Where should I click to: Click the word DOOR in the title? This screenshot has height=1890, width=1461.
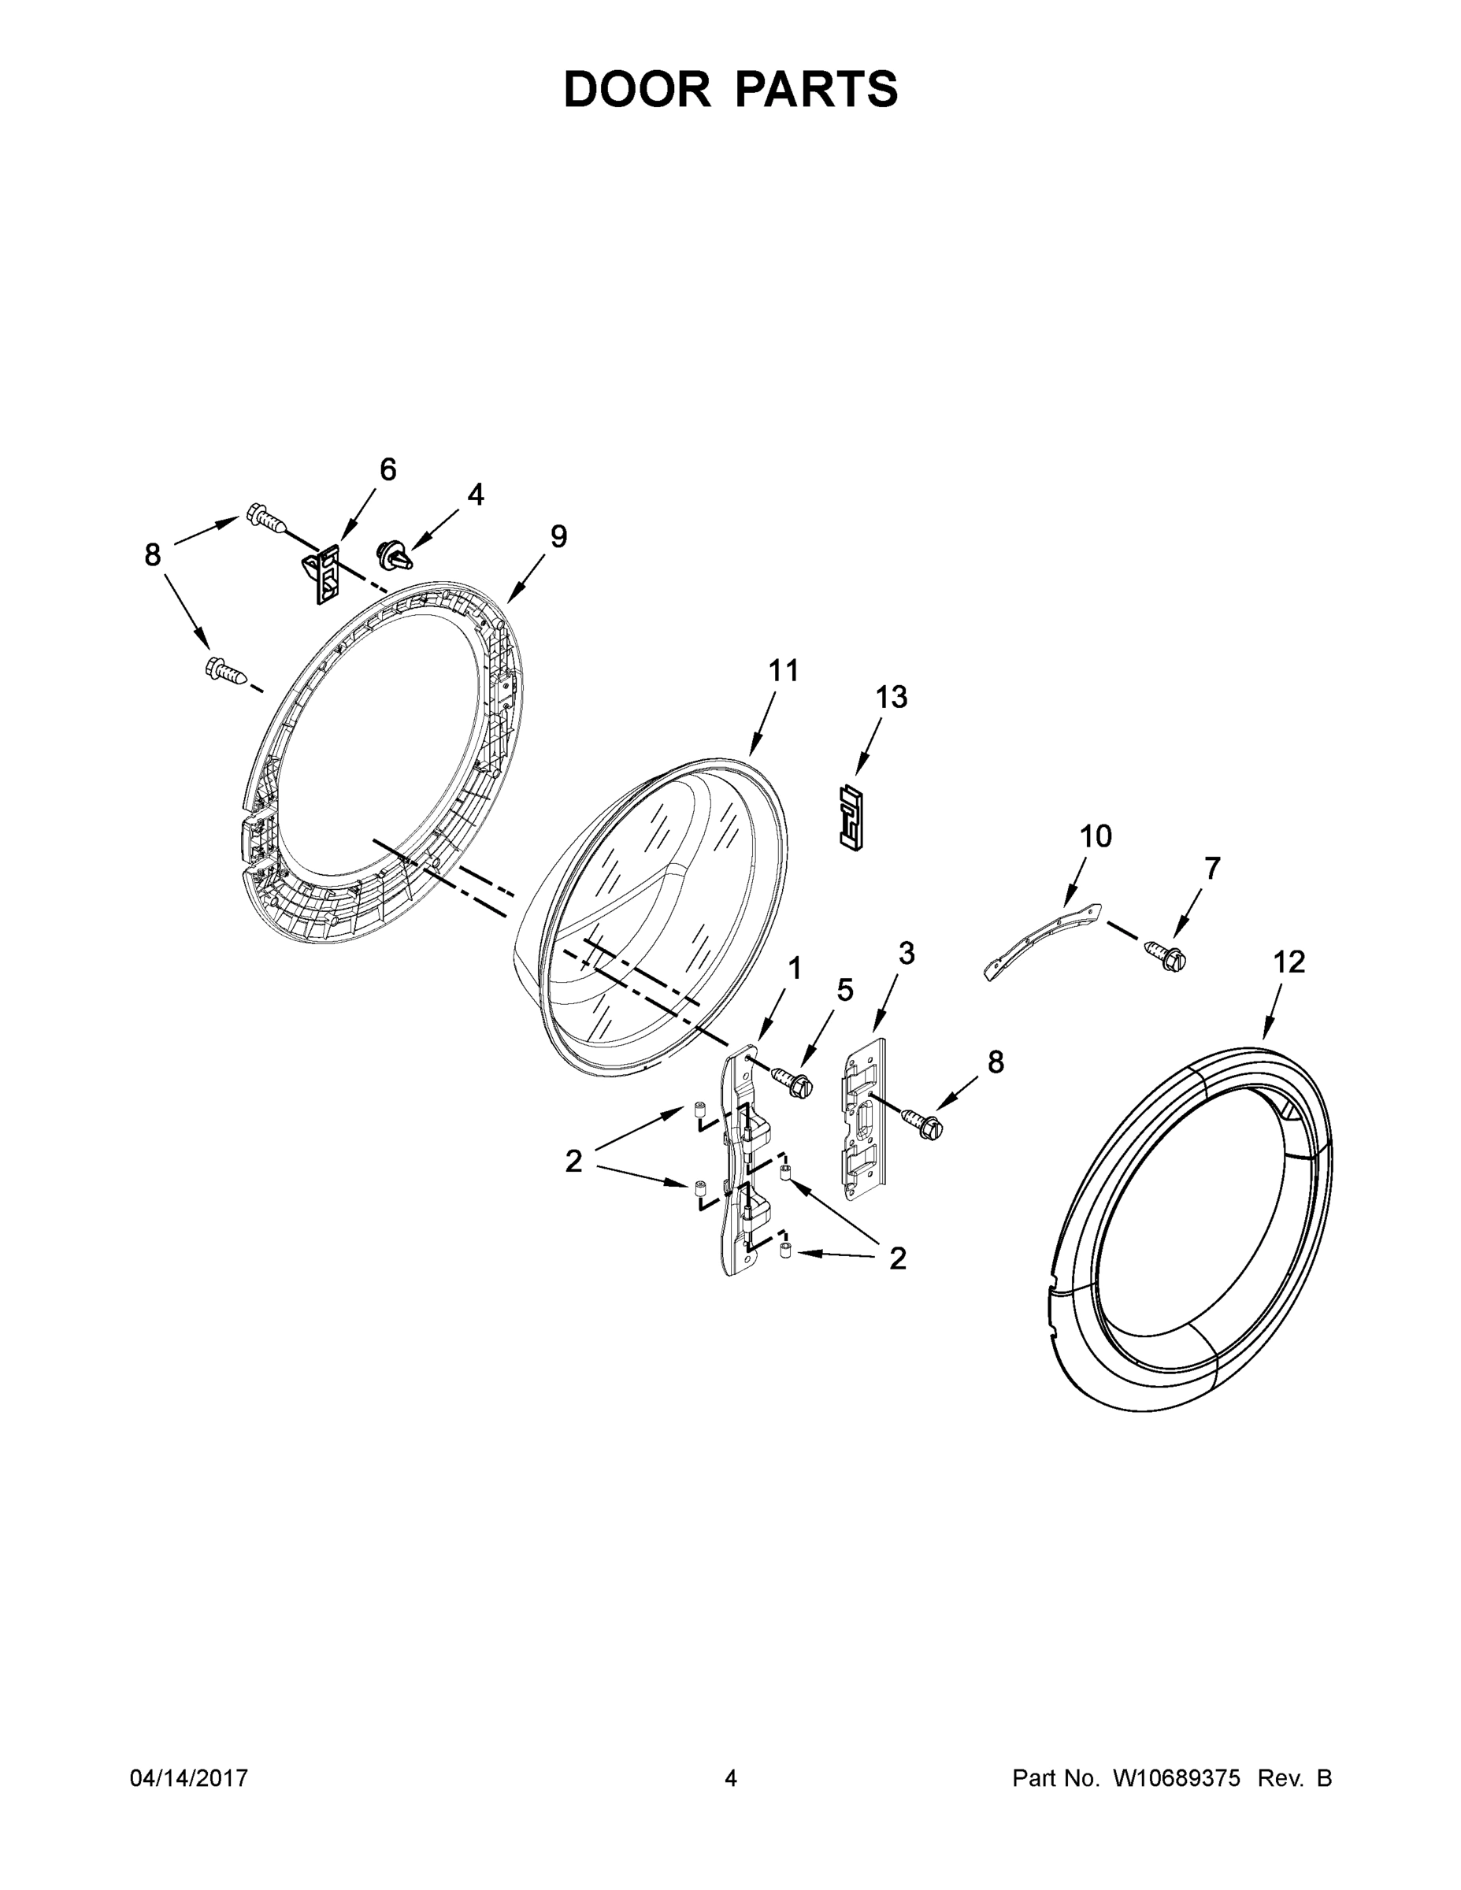[636, 90]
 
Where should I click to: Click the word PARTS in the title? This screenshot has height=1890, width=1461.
[817, 90]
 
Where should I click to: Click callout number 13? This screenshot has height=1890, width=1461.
[892, 697]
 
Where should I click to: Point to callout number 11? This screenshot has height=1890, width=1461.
[784, 671]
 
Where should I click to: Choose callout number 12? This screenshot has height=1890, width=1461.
[1289, 962]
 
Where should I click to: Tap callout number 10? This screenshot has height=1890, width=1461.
[1095, 837]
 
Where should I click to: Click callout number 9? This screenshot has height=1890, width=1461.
[558, 536]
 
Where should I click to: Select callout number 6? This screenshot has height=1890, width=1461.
[387, 470]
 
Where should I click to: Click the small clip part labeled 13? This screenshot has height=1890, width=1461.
[851, 817]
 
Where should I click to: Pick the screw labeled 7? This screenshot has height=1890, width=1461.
[1164, 954]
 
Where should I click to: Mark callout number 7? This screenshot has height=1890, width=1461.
[1212, 868]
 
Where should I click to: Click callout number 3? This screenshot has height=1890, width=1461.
[907, 954]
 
